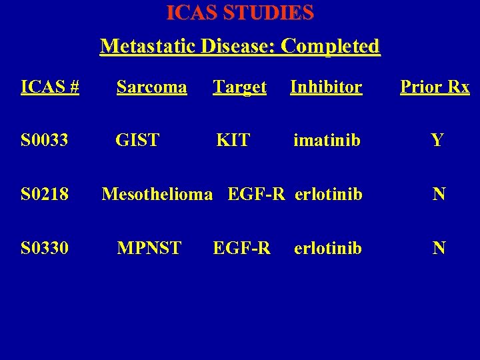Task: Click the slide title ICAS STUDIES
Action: click(x=240, y=13)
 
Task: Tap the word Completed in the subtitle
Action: click(x=331, y=47)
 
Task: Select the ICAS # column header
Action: click(x=50, y=87)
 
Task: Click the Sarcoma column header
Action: click(x=151, y=87)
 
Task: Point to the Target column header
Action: click(x=239, y=87)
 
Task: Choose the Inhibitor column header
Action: click(x=326, y=87)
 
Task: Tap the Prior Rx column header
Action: click(x=435, y=87)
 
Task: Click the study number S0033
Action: click(x=45, y=141)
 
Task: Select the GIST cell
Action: click(x=137, y=141)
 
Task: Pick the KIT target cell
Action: click(x=233, y=141)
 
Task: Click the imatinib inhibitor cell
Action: click(x=327, y=141)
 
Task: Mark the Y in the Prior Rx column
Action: click(x=437, y=141)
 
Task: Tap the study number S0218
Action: click(x=45, y=195)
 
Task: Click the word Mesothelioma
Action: click(x=157, y=195)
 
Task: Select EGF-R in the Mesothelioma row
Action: click(x=256, y=195)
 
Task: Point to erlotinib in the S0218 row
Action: click(x=328, y=195)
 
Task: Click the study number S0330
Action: click(x=45, y=249)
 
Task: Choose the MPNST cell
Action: click(x=149, y=249)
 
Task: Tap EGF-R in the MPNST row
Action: click(x=241, y=249)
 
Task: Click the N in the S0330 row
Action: click(x=439, y=249)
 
